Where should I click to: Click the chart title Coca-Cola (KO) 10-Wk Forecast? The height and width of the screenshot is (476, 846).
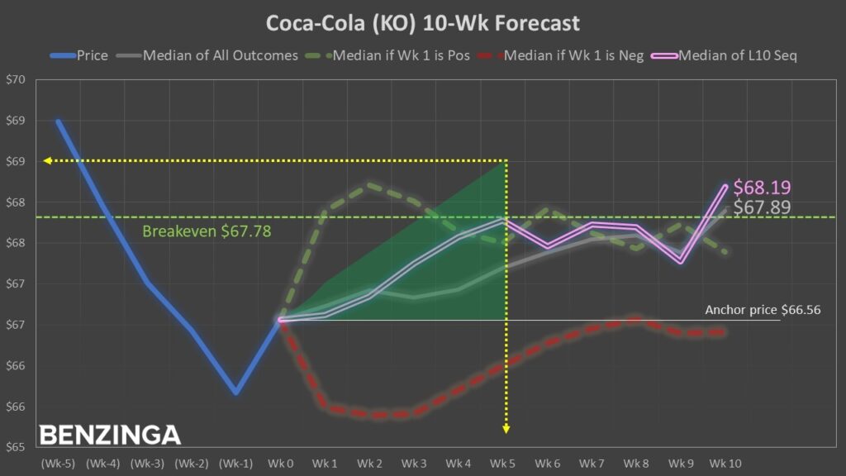point(422,22)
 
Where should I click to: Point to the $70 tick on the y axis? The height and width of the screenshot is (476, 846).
point(17,80)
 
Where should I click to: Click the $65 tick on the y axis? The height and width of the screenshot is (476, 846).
point(17,447)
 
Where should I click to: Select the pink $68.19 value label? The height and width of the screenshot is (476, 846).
point(761,188)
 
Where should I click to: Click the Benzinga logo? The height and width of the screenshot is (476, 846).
point(110,434)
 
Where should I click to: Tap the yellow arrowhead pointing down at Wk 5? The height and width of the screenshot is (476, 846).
point(506,428)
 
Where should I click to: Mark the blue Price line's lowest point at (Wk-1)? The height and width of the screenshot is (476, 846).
point(235,393)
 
